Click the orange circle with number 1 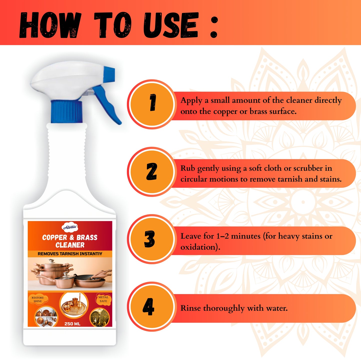pos(152,104)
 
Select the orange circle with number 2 pos(152,171)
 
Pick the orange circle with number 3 pos(152,239)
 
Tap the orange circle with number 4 pos(152,307)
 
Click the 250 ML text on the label pos(72,324)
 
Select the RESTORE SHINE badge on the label pos(38,300)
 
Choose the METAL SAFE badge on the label pos(103,299)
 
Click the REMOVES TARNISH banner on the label pos(70,254)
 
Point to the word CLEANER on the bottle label pos(70,245)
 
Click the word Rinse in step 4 pos(191,308)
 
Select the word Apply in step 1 pos(191,101)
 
